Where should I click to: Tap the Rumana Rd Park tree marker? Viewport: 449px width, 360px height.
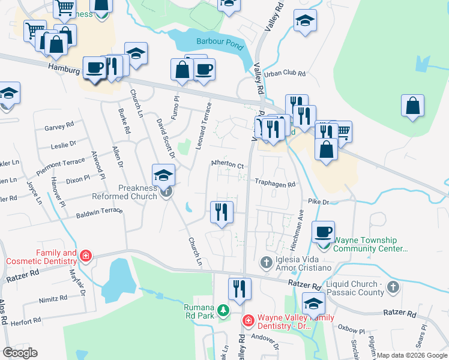223,310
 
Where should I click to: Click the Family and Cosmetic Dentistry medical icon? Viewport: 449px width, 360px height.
86,257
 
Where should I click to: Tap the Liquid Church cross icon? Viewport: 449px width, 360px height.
393,288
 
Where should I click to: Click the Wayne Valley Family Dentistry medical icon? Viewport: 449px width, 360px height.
248,322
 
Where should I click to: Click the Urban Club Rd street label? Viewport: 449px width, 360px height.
286,73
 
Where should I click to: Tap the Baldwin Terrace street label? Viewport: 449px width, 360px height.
99,211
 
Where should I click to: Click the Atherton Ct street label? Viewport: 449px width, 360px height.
227,165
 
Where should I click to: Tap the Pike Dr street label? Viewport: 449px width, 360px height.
319,202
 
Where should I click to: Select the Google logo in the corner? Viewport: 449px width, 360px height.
20,353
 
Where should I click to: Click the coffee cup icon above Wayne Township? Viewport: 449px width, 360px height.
324,231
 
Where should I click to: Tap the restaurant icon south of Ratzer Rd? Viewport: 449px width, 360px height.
240,289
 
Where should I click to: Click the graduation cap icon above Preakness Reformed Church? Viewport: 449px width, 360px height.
162,175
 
